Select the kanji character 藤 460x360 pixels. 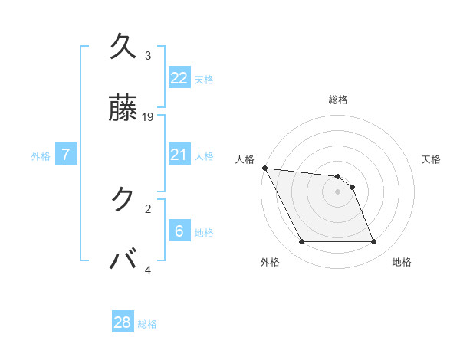(123, 108)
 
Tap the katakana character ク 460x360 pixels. (123, 199)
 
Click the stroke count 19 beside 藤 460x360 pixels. (148, 117)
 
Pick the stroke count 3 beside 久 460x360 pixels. (148, 56)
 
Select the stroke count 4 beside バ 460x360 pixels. (148, 270)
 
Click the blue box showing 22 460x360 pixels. (179, 78)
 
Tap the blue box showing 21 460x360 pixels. (179, 155)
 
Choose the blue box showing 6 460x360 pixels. (179, 231)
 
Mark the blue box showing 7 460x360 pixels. (66, 155)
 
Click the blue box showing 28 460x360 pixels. (123, 322)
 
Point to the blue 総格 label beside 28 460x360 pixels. (147, 324)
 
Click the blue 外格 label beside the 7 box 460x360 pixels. (41, 156)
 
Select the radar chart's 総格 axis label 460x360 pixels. (338, 100)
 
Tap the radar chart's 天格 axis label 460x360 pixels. (432, 159)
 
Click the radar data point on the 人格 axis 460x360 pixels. (264, 168)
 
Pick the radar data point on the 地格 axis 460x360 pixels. (374, 242)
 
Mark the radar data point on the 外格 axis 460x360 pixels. (301, 242)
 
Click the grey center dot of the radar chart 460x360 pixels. (338, 191)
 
